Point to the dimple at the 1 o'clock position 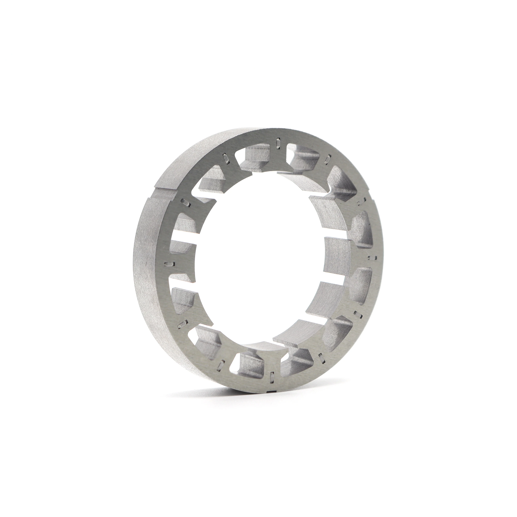[x=327, y=160]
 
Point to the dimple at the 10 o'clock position [x=186, y=202]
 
